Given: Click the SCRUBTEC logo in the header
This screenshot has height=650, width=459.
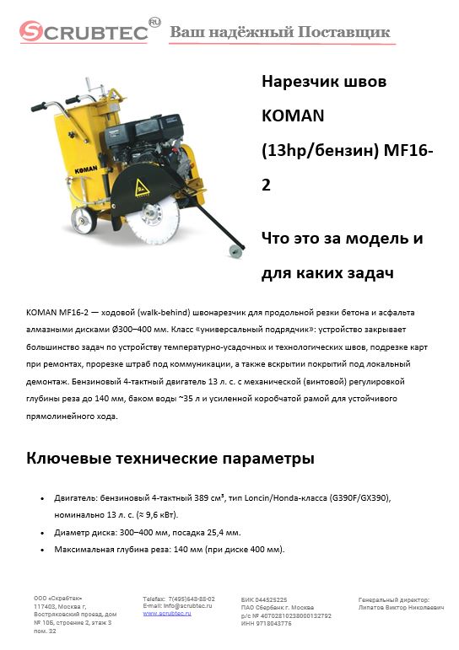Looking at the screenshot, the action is point(84,32).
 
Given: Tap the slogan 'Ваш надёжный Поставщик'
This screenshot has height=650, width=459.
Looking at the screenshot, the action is point(280,33).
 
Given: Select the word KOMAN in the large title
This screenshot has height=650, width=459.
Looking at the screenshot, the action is point(293,114).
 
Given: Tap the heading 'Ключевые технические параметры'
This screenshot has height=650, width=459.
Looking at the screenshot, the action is point(170,459).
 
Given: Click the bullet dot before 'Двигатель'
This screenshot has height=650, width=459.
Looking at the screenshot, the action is point(43,499).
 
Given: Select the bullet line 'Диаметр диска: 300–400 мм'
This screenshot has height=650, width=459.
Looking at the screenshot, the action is point(148,533).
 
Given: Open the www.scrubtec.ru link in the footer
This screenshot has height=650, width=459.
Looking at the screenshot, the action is point(167,613).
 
